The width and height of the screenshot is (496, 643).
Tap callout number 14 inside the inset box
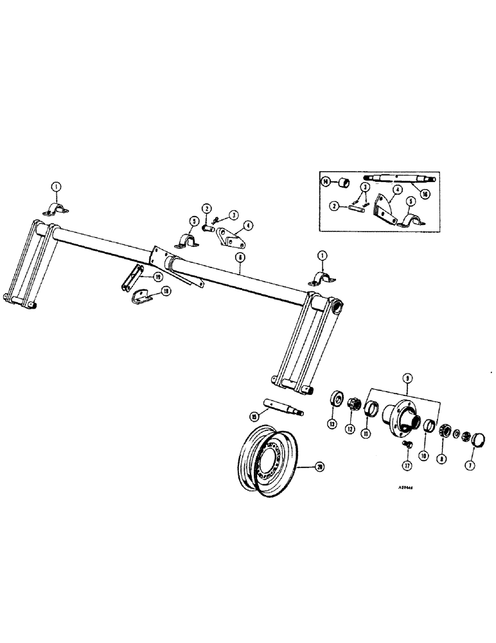coord(326,183)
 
